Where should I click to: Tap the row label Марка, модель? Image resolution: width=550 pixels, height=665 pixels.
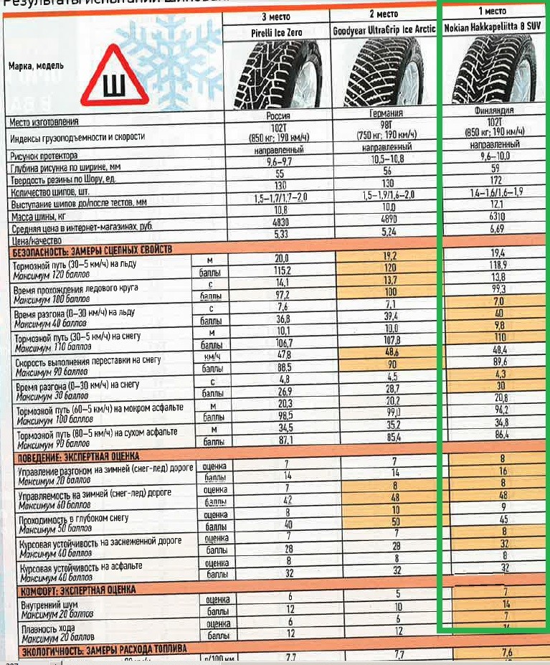(36, 66)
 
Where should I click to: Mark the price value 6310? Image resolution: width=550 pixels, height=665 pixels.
(495, 216)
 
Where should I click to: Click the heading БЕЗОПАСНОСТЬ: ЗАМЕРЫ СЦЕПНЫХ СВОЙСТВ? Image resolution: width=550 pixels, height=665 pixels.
(93, 250)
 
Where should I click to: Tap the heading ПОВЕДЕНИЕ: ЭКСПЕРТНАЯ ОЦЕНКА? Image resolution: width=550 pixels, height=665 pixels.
(76, 456)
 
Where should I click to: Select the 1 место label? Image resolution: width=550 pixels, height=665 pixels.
(492, 11)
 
